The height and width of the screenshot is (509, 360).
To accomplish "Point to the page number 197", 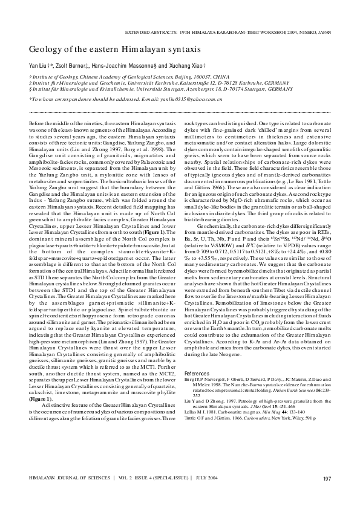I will coord(327,479).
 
